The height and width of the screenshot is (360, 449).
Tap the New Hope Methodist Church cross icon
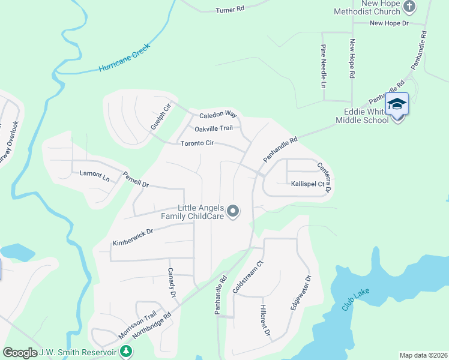(409, 7)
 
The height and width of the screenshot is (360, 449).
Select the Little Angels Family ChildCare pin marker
(234, 212)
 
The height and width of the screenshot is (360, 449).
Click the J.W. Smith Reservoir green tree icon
(125, 351)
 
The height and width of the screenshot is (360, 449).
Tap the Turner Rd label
(231, 9)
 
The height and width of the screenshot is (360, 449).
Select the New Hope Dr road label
(388, 23)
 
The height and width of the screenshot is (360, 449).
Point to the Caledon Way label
(218, 113)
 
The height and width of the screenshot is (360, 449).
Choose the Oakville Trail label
(213, 128)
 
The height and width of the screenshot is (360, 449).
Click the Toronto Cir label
(197, 143)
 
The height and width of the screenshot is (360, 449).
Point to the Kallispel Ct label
(307, 184)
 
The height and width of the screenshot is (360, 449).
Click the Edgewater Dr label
(301, 292)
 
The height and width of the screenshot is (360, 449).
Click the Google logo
(20, 353)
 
